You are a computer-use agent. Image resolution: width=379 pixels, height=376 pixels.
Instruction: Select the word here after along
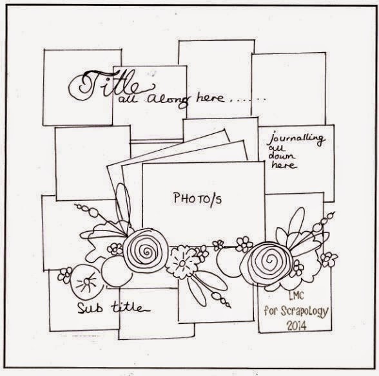point(210,97)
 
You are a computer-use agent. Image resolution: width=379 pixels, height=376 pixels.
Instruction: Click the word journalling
point(296,139)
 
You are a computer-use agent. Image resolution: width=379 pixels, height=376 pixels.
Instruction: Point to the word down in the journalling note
point(282,156)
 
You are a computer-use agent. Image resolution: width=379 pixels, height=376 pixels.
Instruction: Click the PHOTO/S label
point(197,199)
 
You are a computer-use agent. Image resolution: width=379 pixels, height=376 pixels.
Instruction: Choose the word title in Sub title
point(130,307)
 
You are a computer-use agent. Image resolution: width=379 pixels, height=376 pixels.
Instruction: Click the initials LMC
point(296,295)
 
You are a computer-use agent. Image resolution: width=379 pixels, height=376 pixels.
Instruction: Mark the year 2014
point(296,326)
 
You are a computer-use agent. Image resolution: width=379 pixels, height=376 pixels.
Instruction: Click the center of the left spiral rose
point(146,252)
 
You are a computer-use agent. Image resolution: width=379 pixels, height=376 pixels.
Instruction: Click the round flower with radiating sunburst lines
point(86,282)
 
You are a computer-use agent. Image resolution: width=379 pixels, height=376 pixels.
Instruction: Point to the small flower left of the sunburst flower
point(65,275)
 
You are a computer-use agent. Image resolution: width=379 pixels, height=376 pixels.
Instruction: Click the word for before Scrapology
point(270,310)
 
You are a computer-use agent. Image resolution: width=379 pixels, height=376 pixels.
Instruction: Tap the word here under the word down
point(284,165)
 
